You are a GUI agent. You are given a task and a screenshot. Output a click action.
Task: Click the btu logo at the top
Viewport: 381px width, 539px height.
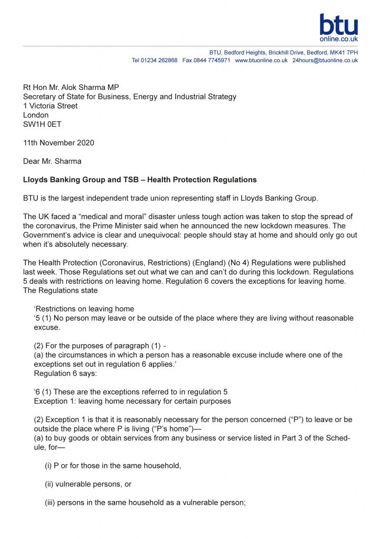pos(338,27)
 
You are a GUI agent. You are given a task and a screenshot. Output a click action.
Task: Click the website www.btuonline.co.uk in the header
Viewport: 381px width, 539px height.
pos(261,61)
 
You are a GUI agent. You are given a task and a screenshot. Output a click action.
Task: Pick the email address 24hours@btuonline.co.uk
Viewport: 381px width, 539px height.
pos(325,61)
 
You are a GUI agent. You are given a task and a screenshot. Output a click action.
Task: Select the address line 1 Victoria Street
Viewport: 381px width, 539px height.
pos(51,106)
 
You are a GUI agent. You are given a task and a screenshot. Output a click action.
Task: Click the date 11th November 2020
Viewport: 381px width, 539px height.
pos(59,143)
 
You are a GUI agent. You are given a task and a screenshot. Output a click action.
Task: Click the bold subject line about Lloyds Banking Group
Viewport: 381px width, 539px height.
pos(140,179)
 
